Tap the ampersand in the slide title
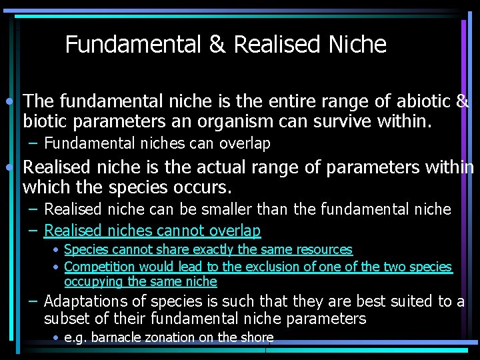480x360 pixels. (x=217, y=45)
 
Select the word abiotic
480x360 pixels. (x=422, y=101)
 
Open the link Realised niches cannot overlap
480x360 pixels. (x=152, y=231)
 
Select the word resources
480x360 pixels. (x=321, y=249)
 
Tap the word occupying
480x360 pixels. (x=94, y=281)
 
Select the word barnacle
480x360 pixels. (x=113, y=337)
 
